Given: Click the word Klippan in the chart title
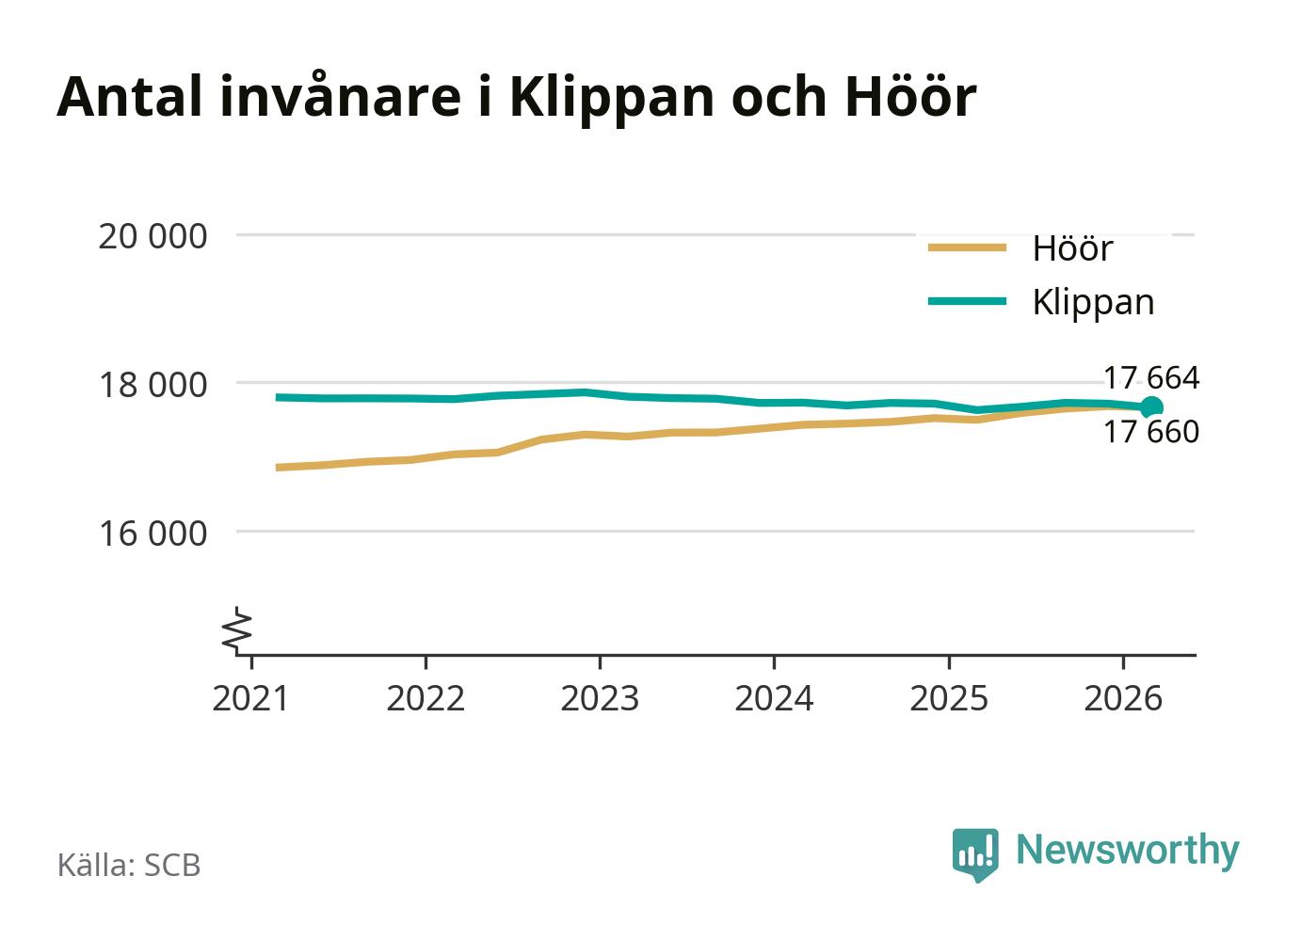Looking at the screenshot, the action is [612, 99].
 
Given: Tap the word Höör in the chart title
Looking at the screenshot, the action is [910, 95].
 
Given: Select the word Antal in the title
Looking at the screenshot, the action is [129, 96].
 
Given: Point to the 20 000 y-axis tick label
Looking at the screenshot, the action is [153, 236].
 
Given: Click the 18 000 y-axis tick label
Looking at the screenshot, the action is [153, 384].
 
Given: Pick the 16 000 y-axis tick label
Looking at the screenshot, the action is [153, 534].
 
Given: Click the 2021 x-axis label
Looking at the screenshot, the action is [250, 698].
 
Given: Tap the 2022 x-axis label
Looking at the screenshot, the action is [426, 698].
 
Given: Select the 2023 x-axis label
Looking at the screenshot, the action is [600, 698].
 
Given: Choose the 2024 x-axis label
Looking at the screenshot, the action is [774, 698].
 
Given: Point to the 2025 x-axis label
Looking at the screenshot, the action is [949, 698].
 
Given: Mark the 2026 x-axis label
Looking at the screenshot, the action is [1123, 698].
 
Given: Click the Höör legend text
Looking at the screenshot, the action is [1073, 248].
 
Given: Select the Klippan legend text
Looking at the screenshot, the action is [1094, 304].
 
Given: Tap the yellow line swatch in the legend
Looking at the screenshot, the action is [967, 247].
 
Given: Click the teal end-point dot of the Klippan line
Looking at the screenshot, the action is [1151, 406].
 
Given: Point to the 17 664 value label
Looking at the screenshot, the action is [1151, 378].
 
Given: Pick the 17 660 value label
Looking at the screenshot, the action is [1151, 432].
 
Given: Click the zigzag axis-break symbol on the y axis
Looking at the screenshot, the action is [237, 629].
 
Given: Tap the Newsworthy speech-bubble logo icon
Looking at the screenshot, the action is [975, 854].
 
